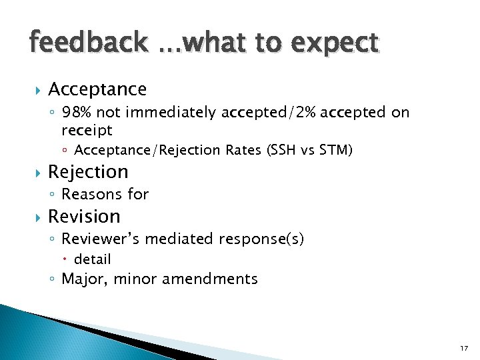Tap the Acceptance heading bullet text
[97, 89]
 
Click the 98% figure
[77, 113]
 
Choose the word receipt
[87, 129]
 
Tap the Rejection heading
[88, 172]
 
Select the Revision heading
[84, 217]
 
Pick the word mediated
[173, 239]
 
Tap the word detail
[92, 259]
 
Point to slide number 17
[464, 349]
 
